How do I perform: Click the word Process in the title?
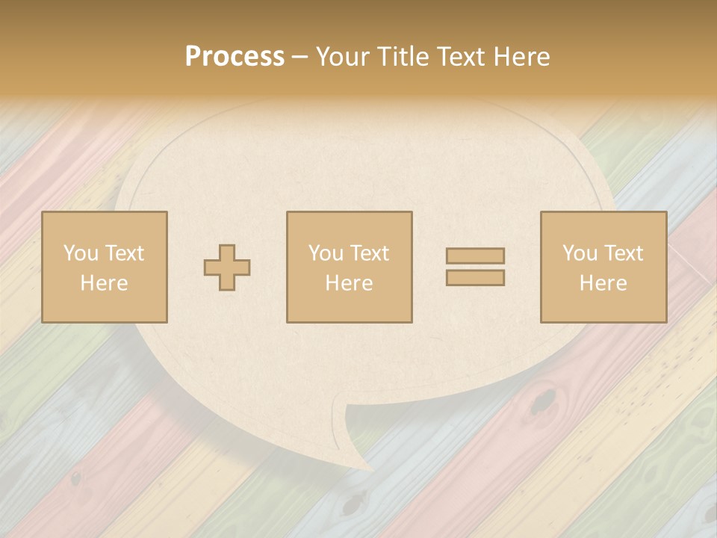[235, 57]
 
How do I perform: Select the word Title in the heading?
[401, 57]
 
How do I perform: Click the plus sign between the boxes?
[227, 268]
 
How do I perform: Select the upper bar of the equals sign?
[475, 256]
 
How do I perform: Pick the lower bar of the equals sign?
[475, 278]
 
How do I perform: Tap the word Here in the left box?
[104, 283]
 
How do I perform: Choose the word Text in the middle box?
[370, 253]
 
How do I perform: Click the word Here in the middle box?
[349, 283]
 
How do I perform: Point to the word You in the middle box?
[325, 253]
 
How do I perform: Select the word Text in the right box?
[624, 253]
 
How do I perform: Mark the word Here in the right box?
[603, 283]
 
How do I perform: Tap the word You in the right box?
[579, 253]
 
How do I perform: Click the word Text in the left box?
[124, 253]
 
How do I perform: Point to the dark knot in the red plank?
[542, 401]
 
